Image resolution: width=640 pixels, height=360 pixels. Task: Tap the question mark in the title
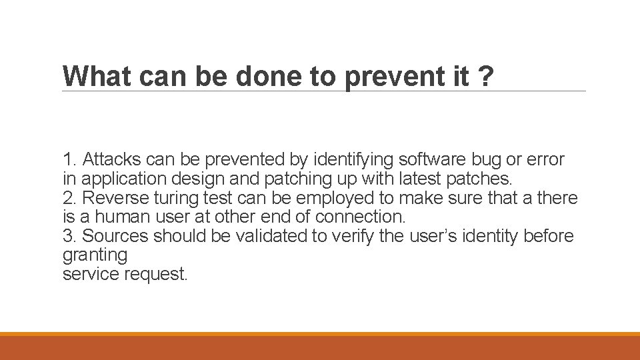coord(485,77)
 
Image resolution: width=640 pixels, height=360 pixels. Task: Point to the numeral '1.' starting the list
coord(69,160)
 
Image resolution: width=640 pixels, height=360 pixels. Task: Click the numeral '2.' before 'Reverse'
coord(69,199)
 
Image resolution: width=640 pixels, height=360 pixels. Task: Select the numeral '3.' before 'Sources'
coord(69,237)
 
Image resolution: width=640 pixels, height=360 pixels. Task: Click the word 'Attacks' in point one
coord(112,160)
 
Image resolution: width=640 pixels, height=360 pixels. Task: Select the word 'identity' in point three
coord(490,237)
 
